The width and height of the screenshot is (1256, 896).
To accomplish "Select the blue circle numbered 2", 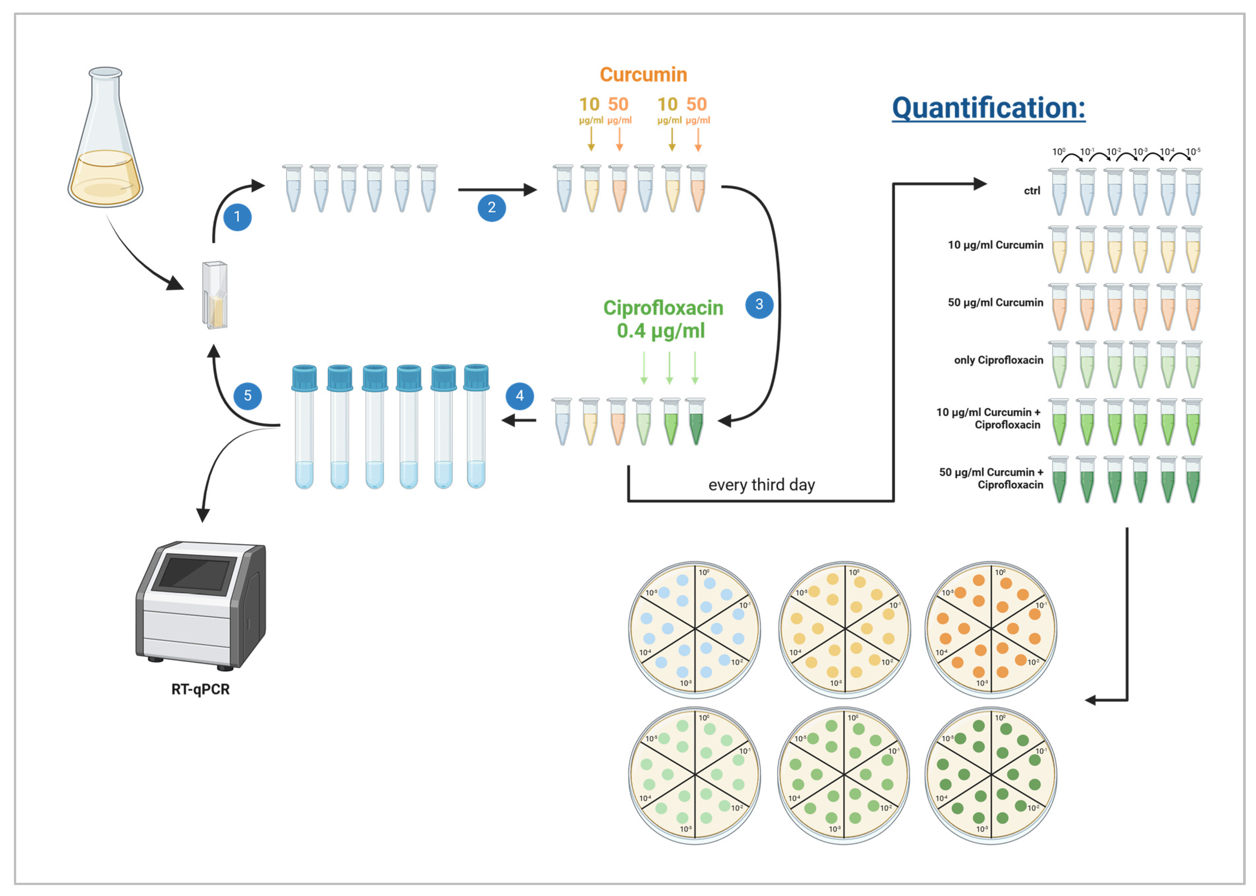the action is tap(492, 207).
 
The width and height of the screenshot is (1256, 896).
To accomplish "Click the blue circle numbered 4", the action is tap(519, 395).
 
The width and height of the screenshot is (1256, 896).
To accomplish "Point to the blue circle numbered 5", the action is tap(247, 395).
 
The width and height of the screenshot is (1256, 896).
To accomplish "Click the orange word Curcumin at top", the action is tap(643, 74).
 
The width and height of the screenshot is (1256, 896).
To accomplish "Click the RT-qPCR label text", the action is tap(201, 689).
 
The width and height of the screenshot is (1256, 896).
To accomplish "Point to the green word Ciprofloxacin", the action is tap(663, 308).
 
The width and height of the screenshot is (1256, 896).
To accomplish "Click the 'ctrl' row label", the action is tap(1032, 190).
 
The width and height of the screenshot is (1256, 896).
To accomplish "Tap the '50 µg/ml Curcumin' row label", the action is tap(995, 302).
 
